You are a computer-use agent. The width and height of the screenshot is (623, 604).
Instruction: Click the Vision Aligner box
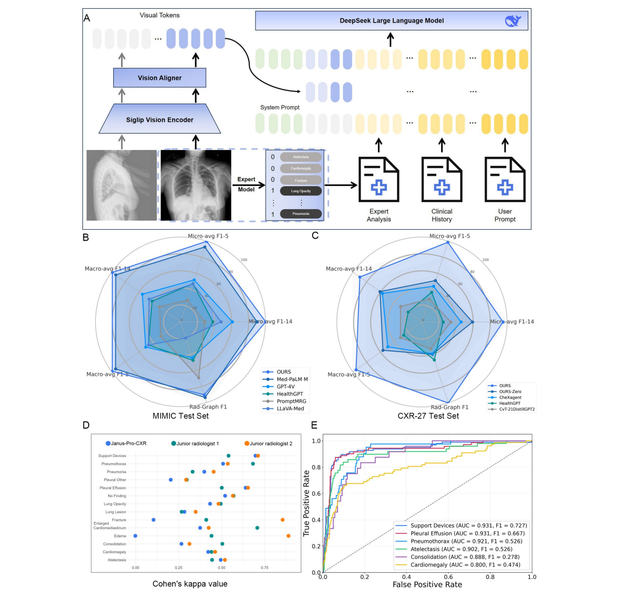pos(160,78)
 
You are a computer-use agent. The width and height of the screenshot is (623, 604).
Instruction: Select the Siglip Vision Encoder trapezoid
pos(160,120)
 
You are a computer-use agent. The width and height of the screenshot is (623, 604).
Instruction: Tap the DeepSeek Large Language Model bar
pos(391,21)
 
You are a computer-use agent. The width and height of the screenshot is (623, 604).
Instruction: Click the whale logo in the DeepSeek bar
pos(513,21)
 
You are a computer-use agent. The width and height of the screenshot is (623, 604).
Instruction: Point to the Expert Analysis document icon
pos(379,179)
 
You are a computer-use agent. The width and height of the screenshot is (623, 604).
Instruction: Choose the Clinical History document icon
pos(442,179)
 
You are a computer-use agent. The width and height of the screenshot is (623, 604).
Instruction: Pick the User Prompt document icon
pos(505,179)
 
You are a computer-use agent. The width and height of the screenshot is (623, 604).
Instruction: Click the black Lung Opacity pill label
pos(301,191)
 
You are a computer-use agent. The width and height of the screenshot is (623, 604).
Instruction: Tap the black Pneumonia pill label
pos(301,214)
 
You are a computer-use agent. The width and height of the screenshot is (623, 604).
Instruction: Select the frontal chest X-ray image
pos(196,185)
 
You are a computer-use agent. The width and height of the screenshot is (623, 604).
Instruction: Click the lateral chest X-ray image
pos(121,185)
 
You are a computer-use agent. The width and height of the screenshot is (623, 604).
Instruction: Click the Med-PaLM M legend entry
pos(292,379)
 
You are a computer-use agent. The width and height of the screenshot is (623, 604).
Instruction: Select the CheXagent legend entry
pos(510,397)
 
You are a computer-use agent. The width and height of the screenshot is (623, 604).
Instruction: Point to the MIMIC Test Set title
pos(181,416)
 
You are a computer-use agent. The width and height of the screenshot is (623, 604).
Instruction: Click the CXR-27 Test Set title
pos(428,416)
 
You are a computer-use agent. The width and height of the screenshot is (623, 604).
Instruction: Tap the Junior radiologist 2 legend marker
pos(247,443)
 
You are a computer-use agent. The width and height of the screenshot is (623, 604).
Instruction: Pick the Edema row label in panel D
pos(120,536)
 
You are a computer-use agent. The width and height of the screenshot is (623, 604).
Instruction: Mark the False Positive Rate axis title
pos(427,584)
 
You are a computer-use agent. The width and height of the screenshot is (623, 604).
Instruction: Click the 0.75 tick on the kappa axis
pos(264,568)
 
